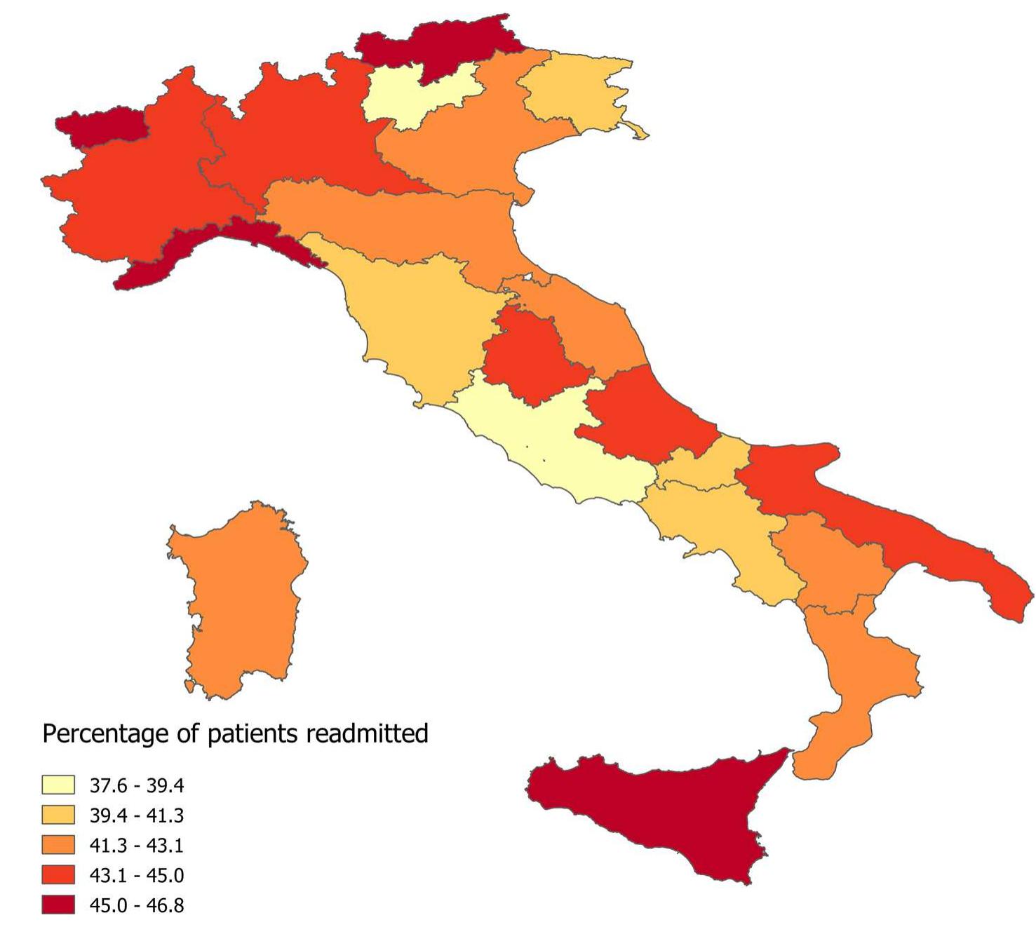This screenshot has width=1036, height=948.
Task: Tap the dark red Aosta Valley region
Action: (98, 126)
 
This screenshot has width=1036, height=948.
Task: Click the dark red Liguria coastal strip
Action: (210, 245)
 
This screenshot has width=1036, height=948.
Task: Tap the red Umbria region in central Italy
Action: (530, 358)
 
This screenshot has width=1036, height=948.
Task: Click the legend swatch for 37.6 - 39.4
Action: (58, 785)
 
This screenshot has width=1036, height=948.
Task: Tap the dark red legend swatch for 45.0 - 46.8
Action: (58, 905)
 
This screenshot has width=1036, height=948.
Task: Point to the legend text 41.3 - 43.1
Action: (136, 846)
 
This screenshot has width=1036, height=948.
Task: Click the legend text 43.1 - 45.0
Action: (136, 875)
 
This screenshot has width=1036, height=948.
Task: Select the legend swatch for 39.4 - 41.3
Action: (58, 815)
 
